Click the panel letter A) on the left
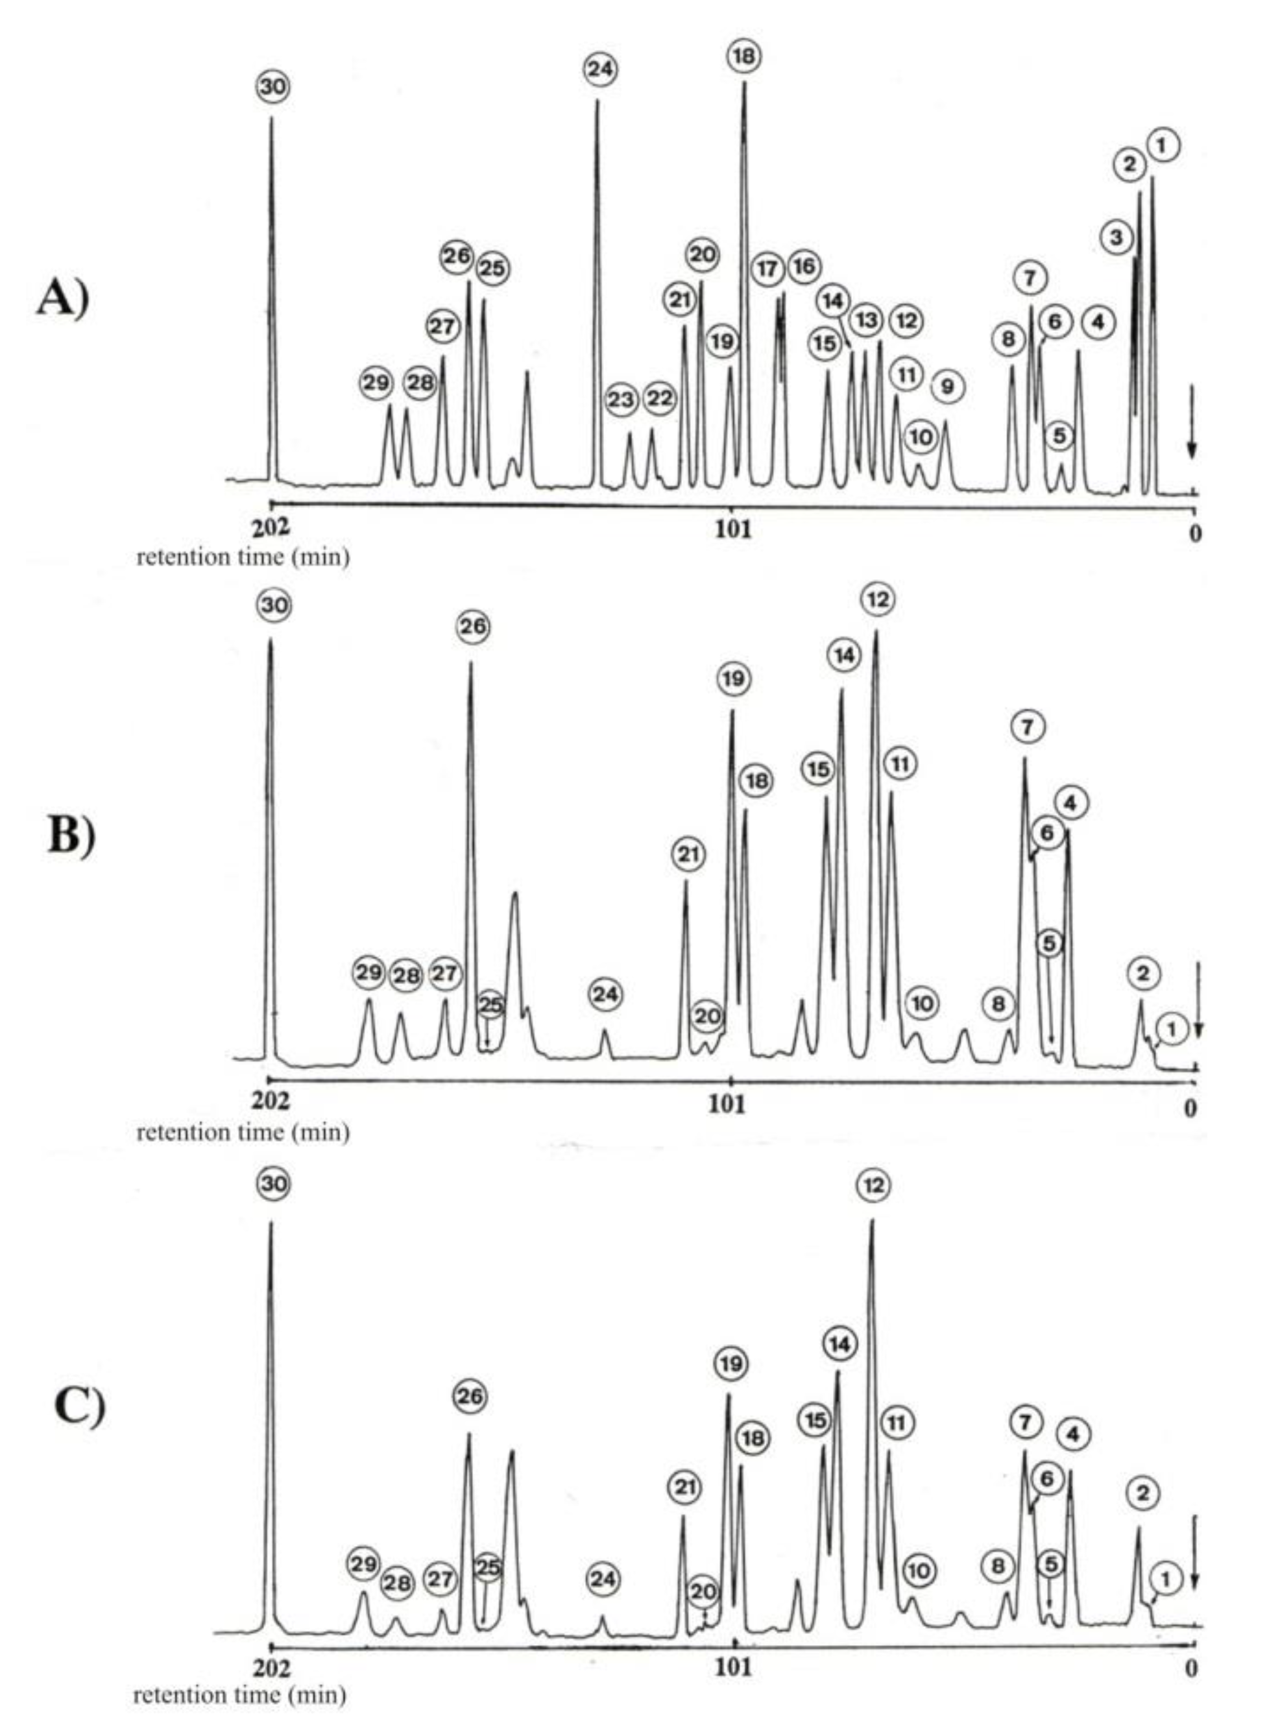tap(63, 298)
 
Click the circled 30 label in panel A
tap(272, 87)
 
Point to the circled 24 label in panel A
tap(601, 69)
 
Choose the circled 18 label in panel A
tap(744, 56)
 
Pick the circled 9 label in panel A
tap(948, 387)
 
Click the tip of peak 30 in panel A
tap(271, 118)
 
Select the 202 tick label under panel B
tap(271, 1102)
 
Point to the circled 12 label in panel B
tap(878, 599)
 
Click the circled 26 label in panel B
tap(472, 627)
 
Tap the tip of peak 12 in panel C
tap(872, 1221)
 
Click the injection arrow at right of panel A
tap(1192, 422)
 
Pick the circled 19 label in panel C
tap(731, 1364)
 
